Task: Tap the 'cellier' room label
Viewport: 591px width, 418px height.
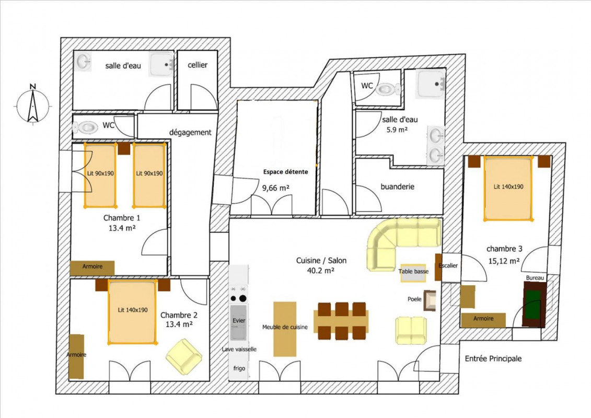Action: (198, 65)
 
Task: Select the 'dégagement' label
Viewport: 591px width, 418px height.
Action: (190, 132)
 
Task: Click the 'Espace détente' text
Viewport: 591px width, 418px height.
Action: (285, 172)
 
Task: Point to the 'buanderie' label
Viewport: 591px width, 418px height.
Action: (397, 187)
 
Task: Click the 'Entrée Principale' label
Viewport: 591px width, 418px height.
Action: (493, 358)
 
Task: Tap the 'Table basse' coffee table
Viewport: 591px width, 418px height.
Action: (413, 273)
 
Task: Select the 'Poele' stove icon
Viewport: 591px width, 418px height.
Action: (430, 300)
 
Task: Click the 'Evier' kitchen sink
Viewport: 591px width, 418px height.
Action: (239, 322)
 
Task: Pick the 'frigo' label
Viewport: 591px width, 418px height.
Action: (239, 368)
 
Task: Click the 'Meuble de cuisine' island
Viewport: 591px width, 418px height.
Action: (285, 329)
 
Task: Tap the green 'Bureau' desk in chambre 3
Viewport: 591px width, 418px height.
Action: (534, 304)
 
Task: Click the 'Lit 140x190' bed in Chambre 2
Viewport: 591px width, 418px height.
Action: (132, 312)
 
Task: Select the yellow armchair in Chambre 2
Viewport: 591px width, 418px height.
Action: (184, 356)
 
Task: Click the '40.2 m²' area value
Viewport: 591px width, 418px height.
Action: (321, 270)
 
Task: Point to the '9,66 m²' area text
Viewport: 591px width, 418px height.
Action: (275, 188)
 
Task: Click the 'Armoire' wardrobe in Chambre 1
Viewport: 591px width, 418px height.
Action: (92, 268)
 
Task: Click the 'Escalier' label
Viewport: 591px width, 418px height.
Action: (448, 265)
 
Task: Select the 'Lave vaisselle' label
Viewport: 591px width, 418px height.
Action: (239, 349)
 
